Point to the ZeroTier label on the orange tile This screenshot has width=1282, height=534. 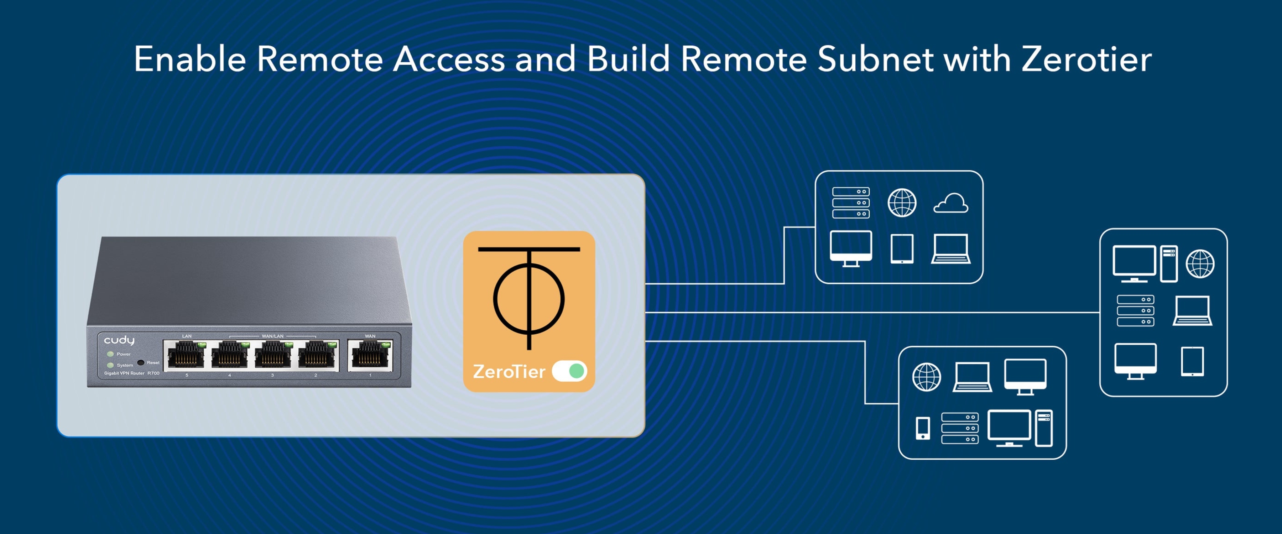(x=509, y=372)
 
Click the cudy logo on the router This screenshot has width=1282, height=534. (x=119, y=340)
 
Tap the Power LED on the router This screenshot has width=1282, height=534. (x=110, y=354)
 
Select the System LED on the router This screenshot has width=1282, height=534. (x=110, y=365)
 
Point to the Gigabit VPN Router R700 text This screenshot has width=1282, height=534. (x=131, y=373)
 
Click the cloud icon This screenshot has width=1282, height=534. (x=950, y=203)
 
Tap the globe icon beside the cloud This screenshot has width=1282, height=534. (x=902, y=203)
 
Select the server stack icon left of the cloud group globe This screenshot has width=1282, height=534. (x=850, y=203)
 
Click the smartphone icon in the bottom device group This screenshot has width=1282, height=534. (x=923, y=428)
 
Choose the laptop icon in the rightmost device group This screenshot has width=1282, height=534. (x=1192, y=311)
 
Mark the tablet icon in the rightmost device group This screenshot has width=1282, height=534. (x=1192, y=361)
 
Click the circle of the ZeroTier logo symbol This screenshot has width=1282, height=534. (x=528, y=299)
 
